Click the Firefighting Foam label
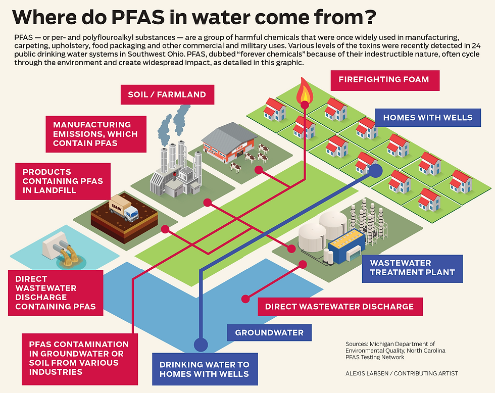point(384,80)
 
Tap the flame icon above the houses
point(304,91)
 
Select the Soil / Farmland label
point(167,94)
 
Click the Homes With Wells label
point(427,118)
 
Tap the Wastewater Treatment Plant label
point(412,268)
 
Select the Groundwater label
point(269,332)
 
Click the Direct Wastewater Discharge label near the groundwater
point(339,306)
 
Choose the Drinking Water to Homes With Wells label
point(205,369)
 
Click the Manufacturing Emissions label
point(95,133)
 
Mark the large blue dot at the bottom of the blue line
point(201,345)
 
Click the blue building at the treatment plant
point(346,247)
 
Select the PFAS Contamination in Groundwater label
point(75,358)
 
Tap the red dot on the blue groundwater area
point(245,299)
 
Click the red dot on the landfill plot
point(165,229)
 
